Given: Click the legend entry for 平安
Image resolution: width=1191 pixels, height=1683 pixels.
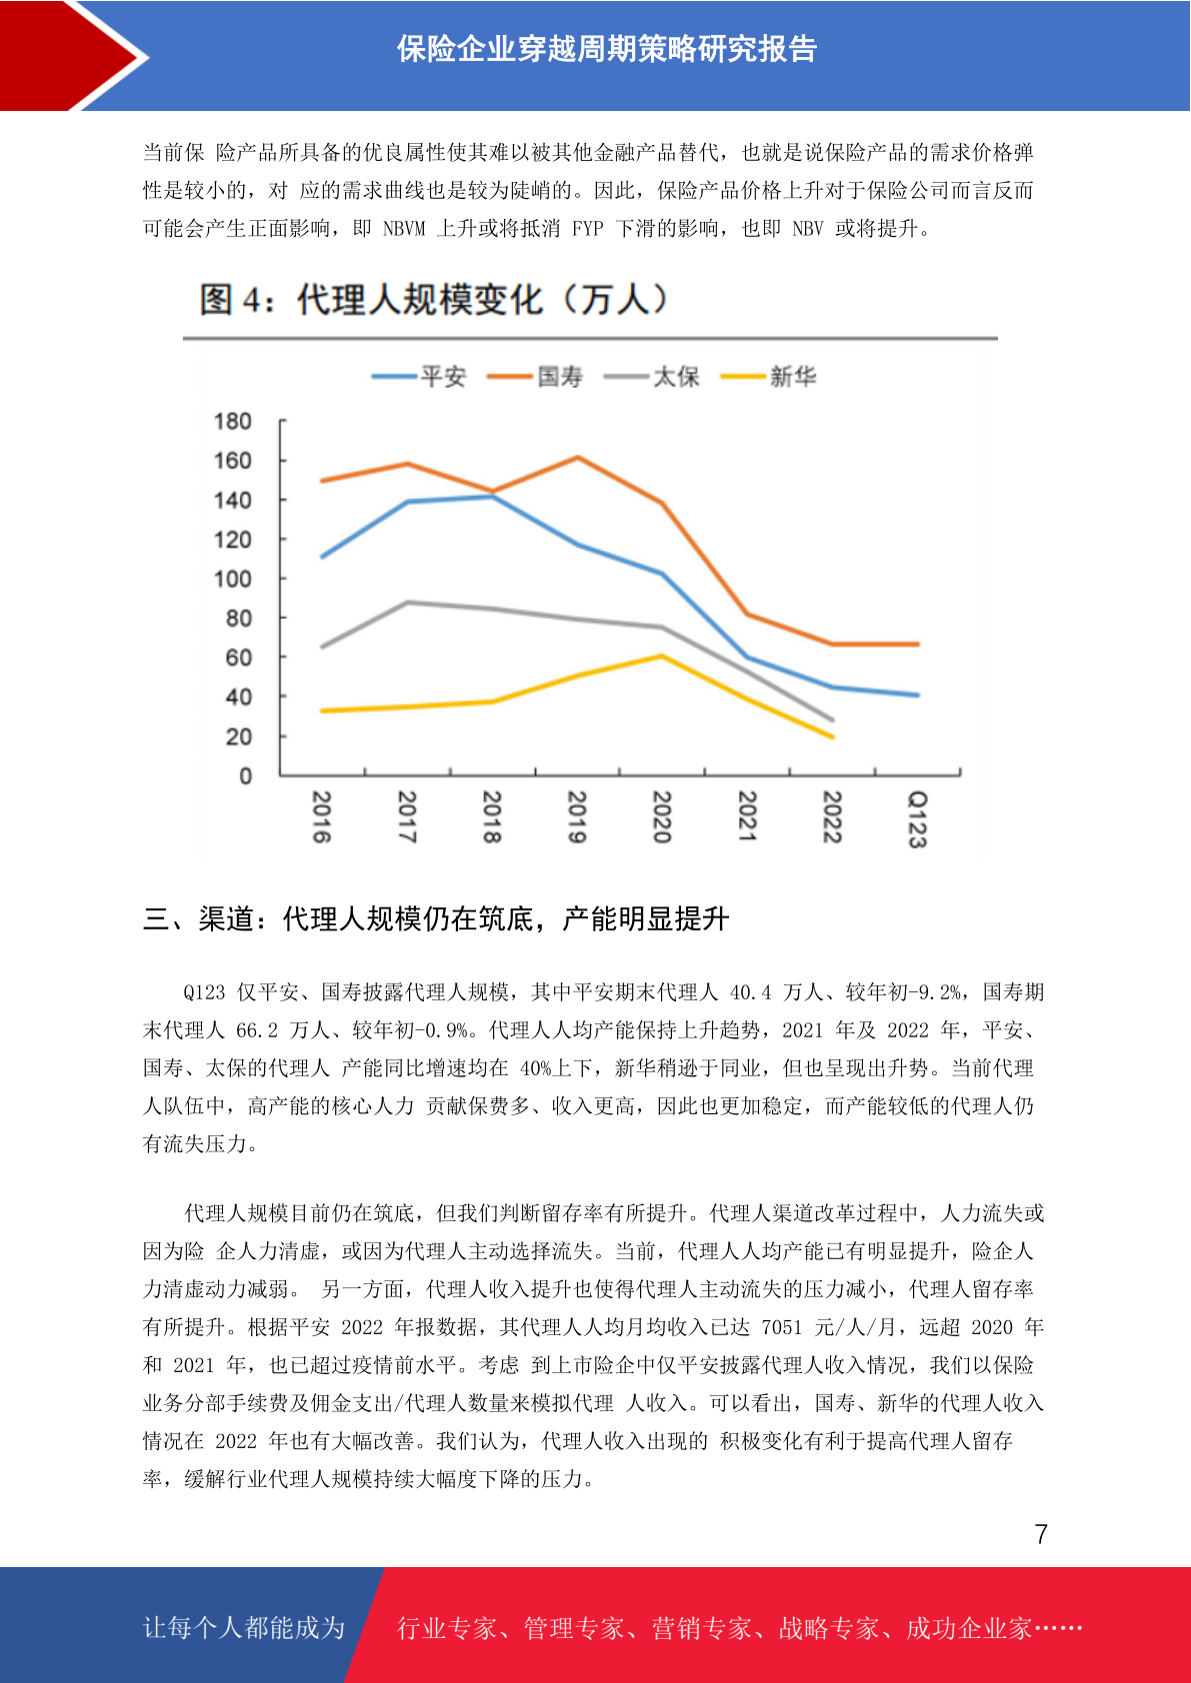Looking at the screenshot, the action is coord(419,377).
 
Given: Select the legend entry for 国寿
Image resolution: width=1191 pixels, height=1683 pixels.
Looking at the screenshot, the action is coord(535,377).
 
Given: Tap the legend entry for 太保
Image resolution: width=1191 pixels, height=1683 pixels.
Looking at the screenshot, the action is coord(651,377).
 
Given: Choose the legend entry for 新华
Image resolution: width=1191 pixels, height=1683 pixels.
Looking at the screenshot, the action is coord(768,377).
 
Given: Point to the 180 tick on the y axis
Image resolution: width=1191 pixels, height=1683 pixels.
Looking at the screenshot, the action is coord(232,422).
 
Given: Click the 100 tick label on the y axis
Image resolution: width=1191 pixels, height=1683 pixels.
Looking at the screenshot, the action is coord(232,580).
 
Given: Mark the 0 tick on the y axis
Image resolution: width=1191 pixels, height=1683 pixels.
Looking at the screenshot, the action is coord(245,777).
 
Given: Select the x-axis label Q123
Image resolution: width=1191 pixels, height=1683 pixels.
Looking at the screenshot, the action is coord(917,820).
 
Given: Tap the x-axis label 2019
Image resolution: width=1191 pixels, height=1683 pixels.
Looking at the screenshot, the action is coord(577,817).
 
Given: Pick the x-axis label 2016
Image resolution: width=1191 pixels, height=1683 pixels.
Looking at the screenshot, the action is coord(322,817).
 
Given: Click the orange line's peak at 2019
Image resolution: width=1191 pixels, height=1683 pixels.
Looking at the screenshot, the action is coord(577,457).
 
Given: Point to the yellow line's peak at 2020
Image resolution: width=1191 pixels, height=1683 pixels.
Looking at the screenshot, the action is coord(662,657).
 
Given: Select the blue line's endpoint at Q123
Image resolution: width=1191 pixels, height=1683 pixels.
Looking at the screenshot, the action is coord(917,695).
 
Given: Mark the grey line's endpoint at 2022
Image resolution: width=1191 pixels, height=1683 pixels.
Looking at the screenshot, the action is coord(832,720).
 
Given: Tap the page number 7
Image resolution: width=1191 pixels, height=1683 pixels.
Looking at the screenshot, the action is coord(1041,1534).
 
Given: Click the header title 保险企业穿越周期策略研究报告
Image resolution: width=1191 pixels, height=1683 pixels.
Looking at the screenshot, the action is coord(607,50).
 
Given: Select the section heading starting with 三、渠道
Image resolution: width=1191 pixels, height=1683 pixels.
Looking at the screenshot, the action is coord(436,918).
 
